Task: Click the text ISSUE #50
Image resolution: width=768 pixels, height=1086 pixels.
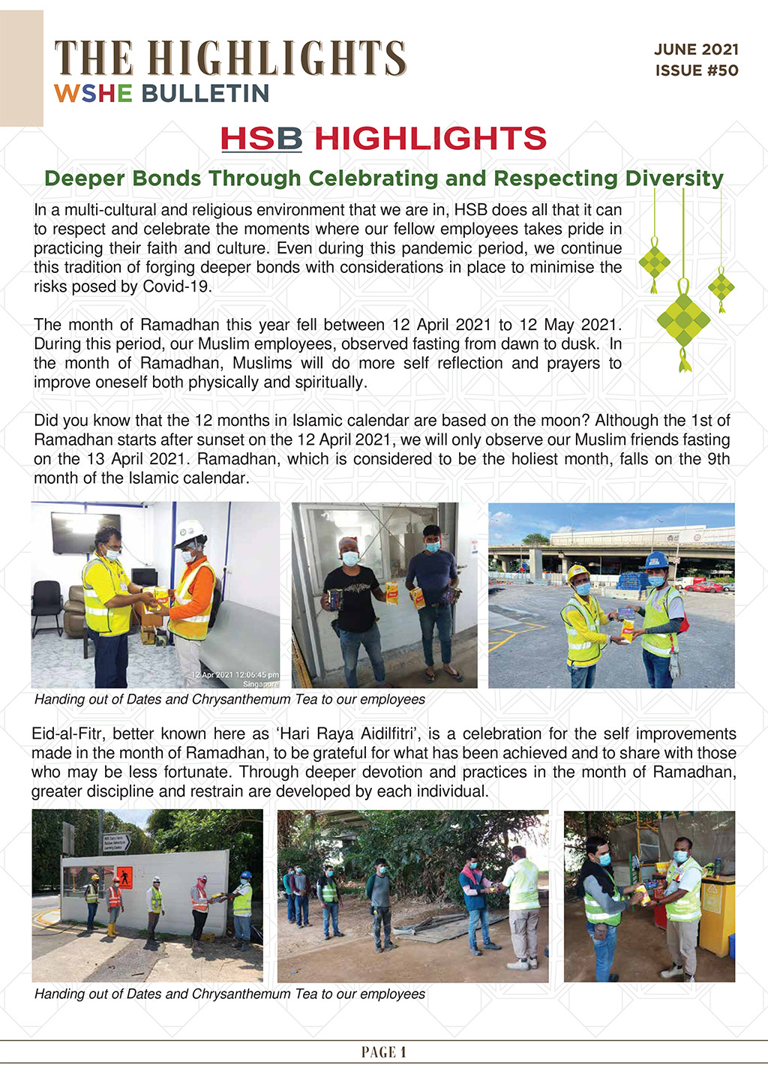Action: [x=696, y=70]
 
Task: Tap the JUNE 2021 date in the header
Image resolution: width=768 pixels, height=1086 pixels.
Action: [x=696, y=49]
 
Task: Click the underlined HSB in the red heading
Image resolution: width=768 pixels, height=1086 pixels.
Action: [x=261, y=139]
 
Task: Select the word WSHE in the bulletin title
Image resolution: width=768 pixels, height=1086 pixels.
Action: [x=93, y=94]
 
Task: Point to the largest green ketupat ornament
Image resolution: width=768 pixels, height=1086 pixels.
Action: [x=683, y=321]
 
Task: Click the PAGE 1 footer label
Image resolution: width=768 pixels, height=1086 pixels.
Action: [x=383, y=1052]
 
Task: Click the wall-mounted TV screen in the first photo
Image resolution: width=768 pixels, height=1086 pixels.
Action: [x=85, y=532]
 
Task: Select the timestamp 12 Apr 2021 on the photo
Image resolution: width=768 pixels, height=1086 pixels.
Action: [x=235, y=674]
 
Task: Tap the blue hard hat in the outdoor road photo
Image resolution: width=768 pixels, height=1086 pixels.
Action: [x=656, y=560]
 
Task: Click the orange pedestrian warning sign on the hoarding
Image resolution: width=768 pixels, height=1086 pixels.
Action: [x=125, y=877]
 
